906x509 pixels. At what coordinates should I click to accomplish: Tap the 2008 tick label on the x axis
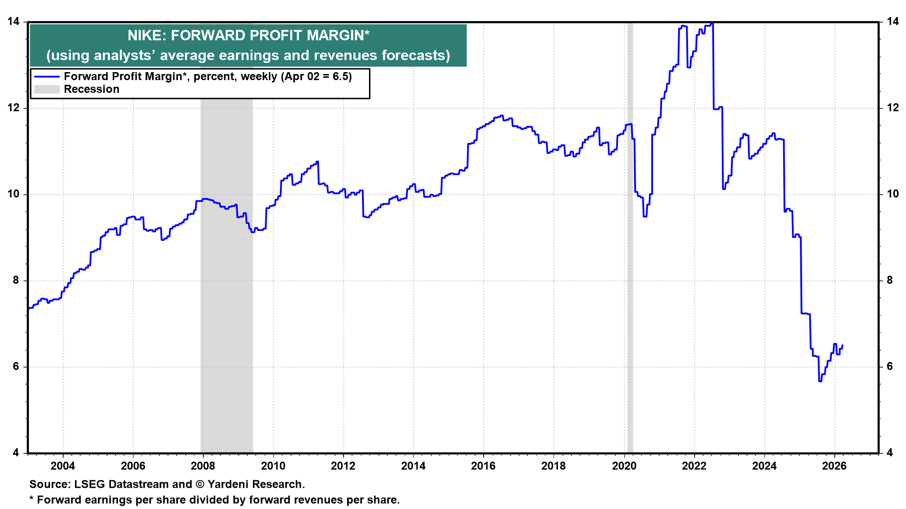coord(203,466)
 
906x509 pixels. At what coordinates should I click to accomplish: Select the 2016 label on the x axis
coord(483,466)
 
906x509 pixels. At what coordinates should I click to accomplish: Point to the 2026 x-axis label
coord(834,466)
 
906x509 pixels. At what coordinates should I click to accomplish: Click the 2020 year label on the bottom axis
coord(624,466)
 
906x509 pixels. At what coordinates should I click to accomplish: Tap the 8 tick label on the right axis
coord(889,280)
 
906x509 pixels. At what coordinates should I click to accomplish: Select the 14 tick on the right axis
coord(892,22)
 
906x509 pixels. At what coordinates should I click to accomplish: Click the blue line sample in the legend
coord(47,77)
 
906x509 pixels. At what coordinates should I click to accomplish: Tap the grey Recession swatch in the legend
coord(47,90)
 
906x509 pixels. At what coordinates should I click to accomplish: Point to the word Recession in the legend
coord(92,90)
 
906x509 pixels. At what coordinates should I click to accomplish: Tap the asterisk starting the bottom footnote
coord(32,499)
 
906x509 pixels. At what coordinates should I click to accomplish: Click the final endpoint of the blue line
coord(842,345)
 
